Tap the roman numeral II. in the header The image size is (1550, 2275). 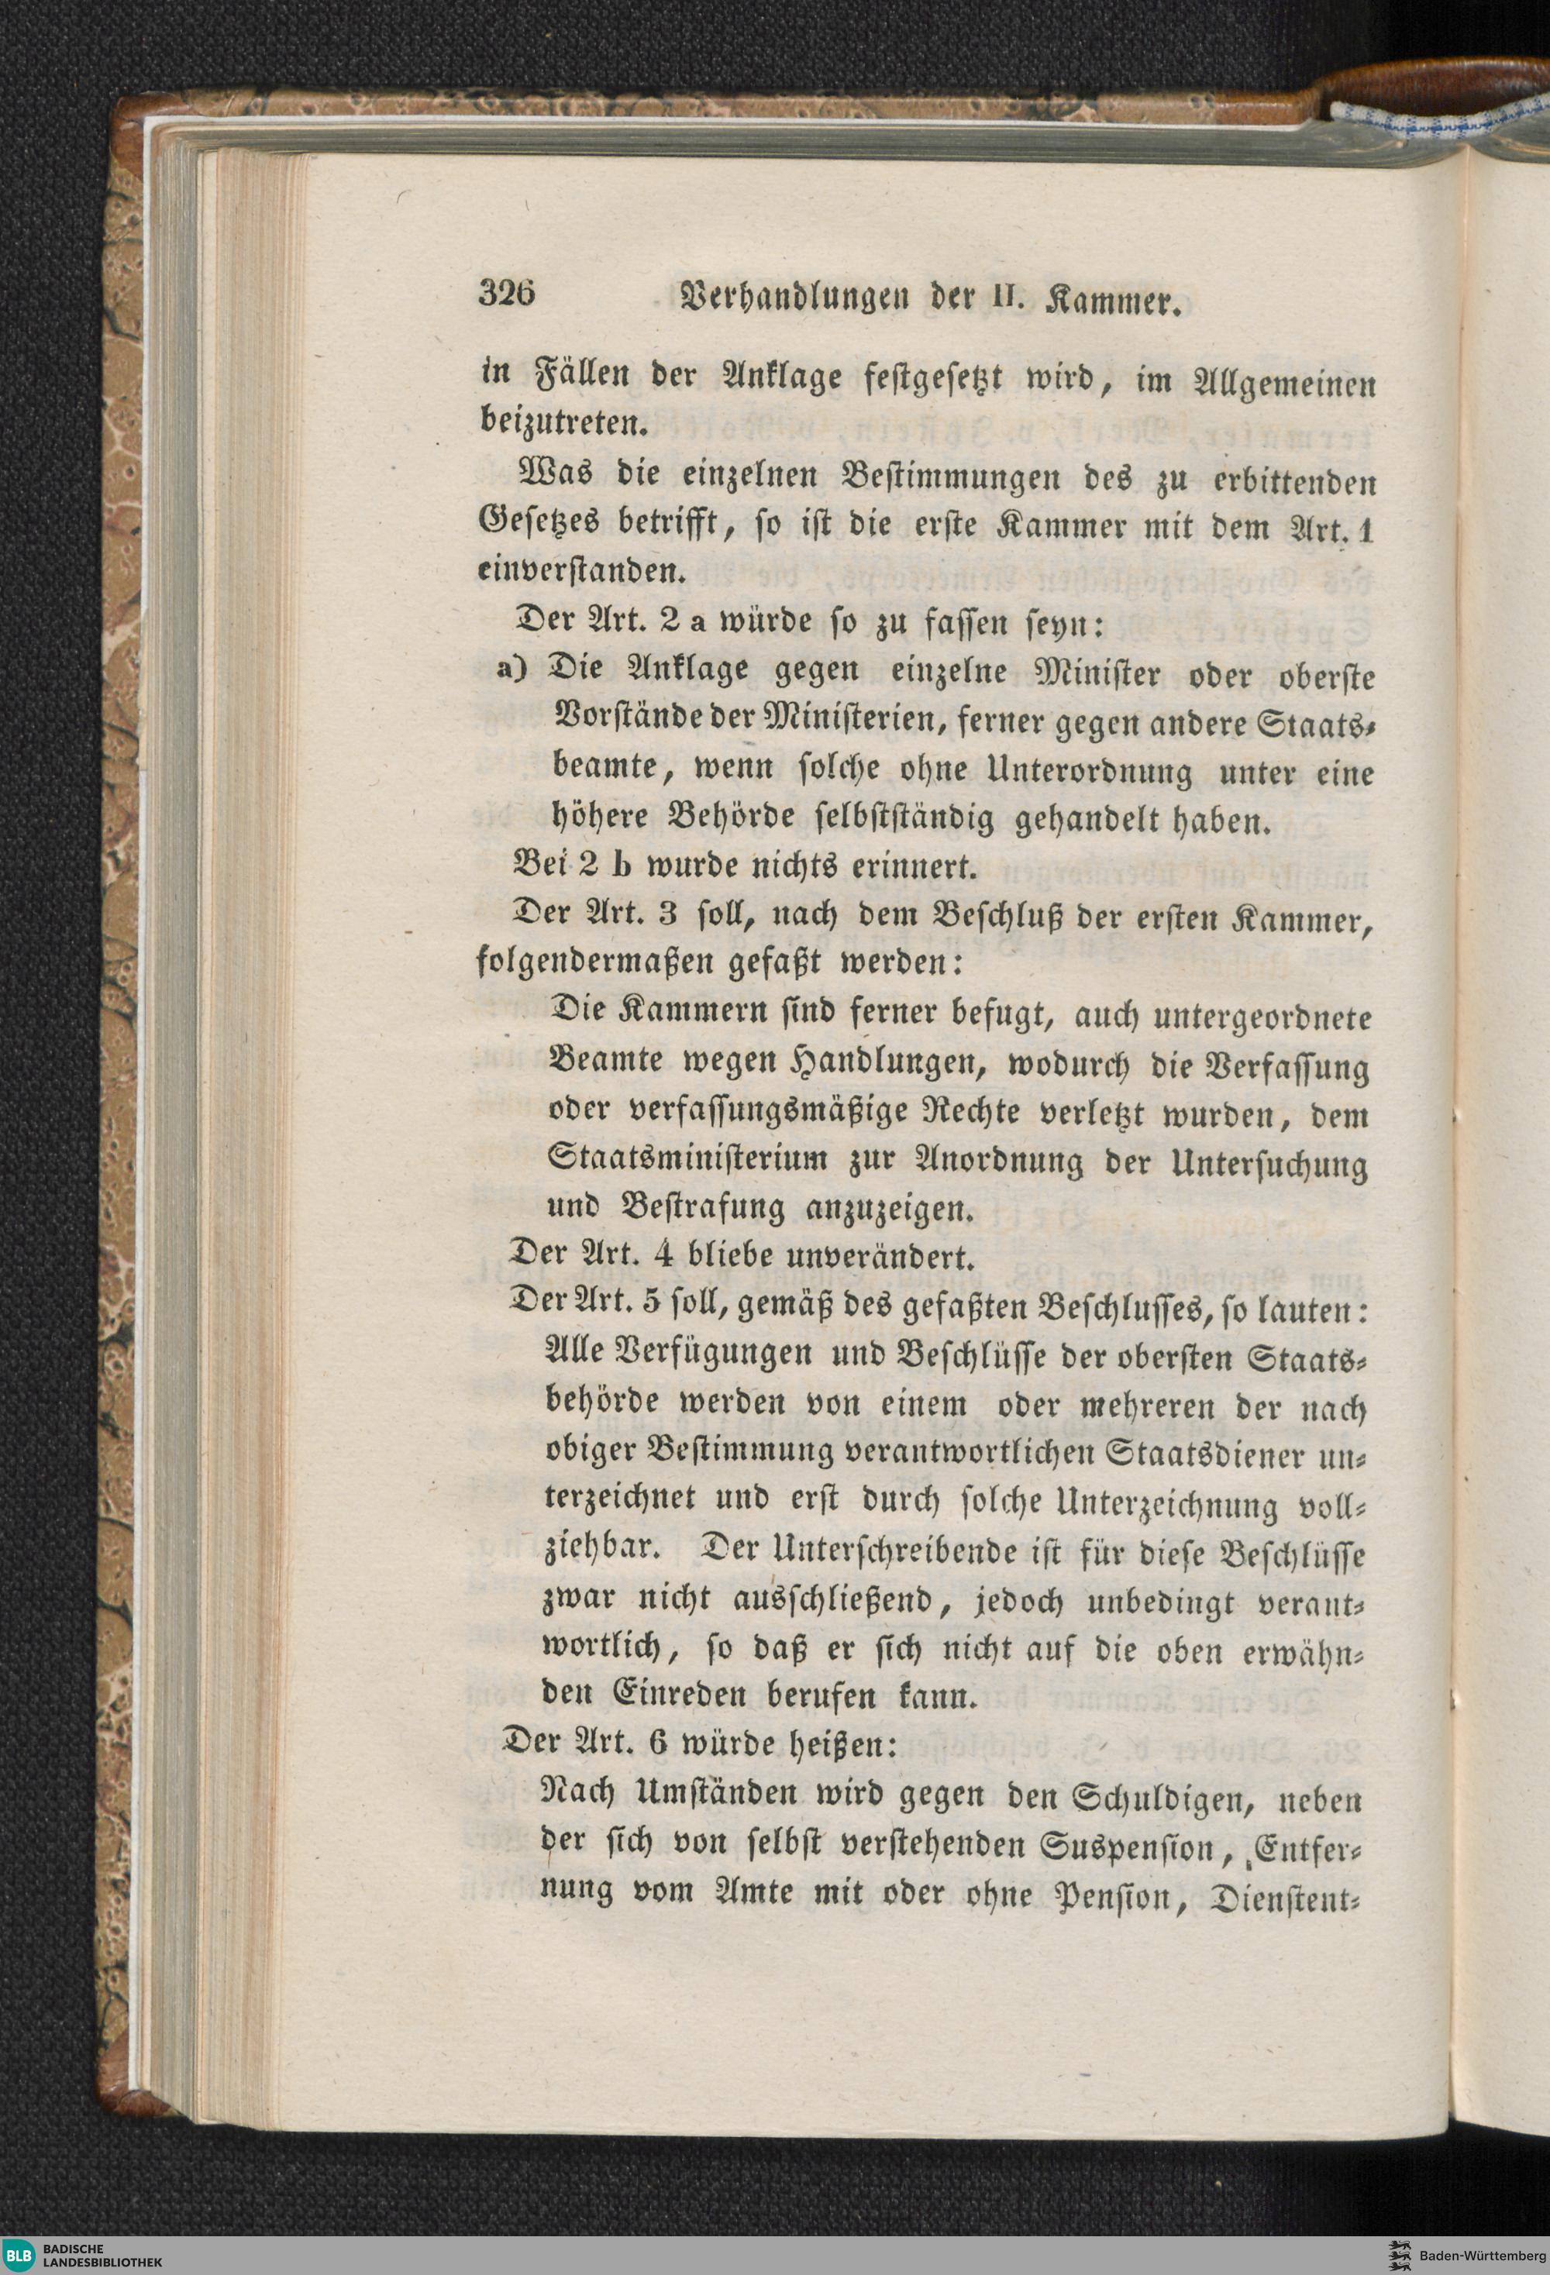(x=1023, y=297)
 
